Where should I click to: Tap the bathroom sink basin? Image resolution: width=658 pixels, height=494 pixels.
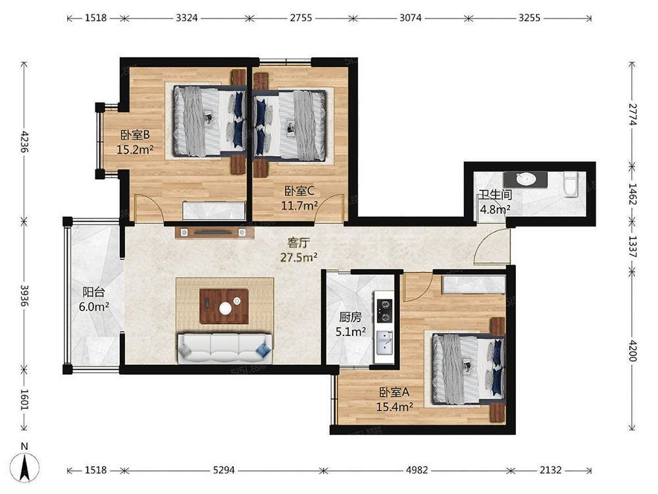[x=525, y=179]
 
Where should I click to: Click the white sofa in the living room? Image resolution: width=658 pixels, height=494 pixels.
[x=224, y=348]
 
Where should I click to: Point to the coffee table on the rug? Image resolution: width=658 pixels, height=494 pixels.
[x=224, y=306]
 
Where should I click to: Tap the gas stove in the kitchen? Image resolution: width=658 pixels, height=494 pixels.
[x=384, y=310]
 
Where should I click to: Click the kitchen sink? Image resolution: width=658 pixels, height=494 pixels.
[x=384, y=343]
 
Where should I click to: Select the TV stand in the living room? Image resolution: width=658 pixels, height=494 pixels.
[x=215, y=233]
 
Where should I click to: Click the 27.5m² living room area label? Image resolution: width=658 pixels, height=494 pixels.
[x=299, y=257]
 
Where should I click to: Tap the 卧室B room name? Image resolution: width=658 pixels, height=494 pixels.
[x=135, y=135]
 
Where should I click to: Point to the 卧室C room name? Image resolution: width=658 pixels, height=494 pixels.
[x=299, y=191]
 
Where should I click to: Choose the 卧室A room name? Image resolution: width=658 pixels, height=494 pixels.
[x=394, y=393]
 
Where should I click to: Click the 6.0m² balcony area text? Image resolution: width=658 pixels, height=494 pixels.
[x=94, y=306]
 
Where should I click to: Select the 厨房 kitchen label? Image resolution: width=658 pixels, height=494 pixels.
[x=350, y=317]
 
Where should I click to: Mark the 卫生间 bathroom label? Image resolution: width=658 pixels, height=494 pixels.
[x=495, y=194]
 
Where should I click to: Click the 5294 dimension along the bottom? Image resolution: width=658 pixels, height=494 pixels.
[x=224, y=470]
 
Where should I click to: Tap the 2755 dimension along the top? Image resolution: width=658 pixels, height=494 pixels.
[x=301, y=18]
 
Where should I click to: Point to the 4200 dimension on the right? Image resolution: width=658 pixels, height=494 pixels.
[x=633, y=350]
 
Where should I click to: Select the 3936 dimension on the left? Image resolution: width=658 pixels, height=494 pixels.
[x=24, y=295]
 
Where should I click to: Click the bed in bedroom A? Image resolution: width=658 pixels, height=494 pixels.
[x=468, y=369]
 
